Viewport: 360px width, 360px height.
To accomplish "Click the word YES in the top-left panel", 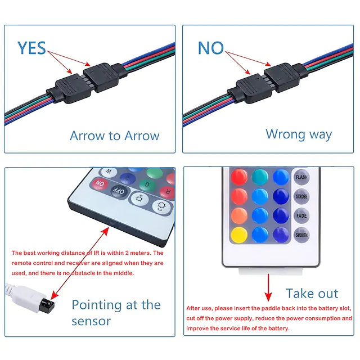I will (x=31, y=48).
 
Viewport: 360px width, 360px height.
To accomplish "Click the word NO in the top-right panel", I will (x=211, y=48).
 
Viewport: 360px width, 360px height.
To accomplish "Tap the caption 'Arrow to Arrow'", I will (x=114, y=136).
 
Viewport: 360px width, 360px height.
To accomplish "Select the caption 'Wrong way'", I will (x=299, y=134).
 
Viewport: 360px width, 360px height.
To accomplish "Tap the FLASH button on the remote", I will (x=301, y=177).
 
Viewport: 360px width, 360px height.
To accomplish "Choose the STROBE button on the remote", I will (x=301, y=196).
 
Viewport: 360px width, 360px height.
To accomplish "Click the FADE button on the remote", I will (x=301, y=215).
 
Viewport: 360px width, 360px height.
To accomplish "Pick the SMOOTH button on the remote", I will (x=301, y=235).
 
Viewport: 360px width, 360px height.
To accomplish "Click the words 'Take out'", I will (x=312, y=293).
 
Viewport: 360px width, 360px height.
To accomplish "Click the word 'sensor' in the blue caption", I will (x=91, y=321).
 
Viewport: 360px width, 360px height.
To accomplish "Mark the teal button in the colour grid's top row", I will (x=259, y=177).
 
